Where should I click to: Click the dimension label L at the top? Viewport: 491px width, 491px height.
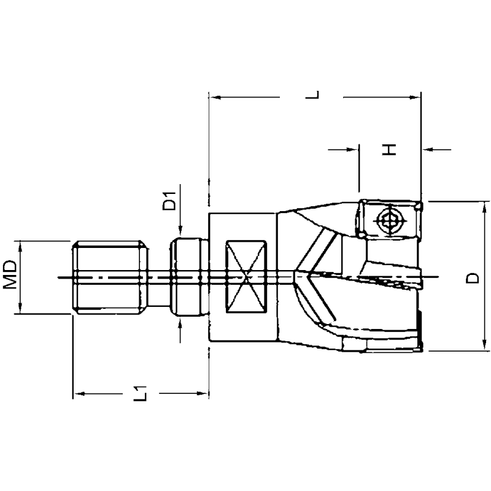coord(314,96)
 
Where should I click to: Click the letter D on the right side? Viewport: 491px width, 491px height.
coord(471,278)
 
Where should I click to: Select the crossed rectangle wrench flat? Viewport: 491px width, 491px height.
coord(246,277)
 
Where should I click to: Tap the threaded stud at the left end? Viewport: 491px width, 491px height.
coord(109,277)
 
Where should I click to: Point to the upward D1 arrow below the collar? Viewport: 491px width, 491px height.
coord(180,322)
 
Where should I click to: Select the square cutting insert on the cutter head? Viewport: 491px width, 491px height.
coord(389,220)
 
